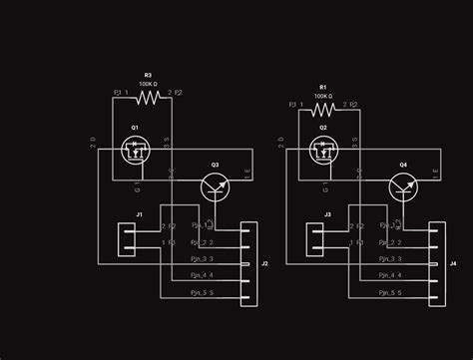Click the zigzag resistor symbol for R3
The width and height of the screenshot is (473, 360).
(148, 98)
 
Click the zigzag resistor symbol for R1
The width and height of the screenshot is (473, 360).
(323, 110)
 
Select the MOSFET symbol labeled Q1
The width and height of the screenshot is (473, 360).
(135, 152)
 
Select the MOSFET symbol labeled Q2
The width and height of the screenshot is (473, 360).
(322, 152)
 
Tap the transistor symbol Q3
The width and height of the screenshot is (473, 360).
(214, 185)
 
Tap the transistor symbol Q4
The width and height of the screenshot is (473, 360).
(402, 185)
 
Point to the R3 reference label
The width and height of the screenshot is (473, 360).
(148, 75)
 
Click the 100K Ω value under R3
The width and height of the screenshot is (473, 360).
(148, 84)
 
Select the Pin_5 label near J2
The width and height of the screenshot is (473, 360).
(201, 292)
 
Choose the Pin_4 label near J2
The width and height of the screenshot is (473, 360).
(201, 274)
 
